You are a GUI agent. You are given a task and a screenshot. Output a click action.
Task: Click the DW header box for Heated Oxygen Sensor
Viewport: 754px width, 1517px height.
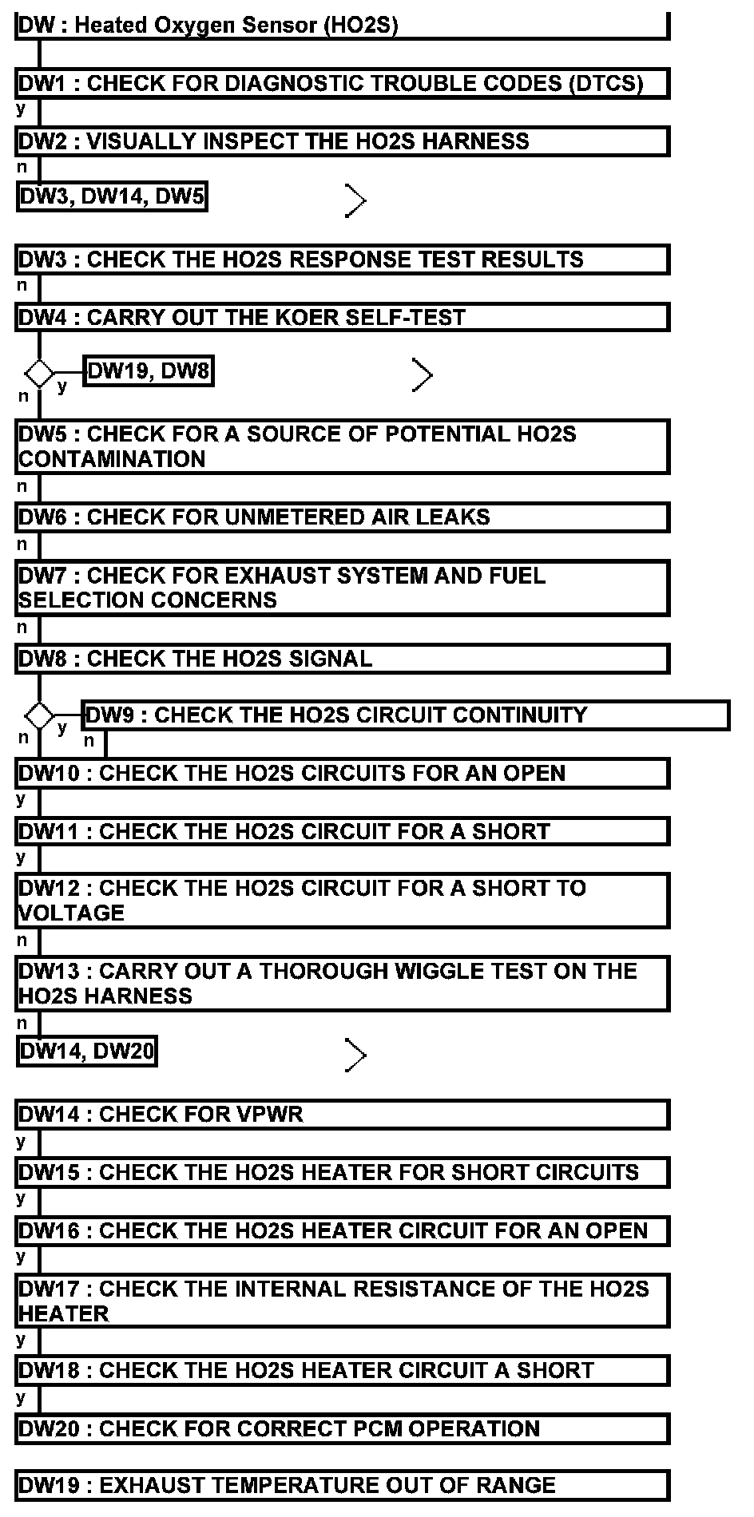(x=342, y=26)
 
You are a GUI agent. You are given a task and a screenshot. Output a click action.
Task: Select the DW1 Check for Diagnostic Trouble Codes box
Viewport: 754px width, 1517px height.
(x=342, y=84)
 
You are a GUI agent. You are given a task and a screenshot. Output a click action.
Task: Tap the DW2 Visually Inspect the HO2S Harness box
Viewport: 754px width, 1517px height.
(x=342, y=142)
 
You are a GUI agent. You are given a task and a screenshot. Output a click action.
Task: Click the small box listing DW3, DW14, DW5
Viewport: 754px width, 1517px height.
(x=112, y=196)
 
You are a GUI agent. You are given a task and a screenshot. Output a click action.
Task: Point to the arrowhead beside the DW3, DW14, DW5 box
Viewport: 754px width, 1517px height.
(x=355, y=200)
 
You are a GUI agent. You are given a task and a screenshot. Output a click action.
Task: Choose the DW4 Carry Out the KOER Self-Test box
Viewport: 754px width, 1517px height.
(x=342, y=318)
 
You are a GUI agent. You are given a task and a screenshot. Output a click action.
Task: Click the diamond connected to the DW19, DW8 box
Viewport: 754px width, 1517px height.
(x=38, y=373)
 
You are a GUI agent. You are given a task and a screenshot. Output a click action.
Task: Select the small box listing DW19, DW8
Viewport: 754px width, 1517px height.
(x=149, y=371)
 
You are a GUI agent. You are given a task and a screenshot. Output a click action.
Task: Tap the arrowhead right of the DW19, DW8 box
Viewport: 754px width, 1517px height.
(x=423, y=374)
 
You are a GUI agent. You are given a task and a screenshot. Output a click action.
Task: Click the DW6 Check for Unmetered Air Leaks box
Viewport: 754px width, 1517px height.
(x=342, y=517)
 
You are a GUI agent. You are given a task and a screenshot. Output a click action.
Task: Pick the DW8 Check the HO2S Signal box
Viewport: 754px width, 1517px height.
(x=342, y=659)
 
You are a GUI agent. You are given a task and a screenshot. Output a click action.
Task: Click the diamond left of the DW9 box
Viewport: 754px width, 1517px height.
(x=38, y=713)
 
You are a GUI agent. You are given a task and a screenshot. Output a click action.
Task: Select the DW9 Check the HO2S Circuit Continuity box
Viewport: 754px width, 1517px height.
(x=406, y=715)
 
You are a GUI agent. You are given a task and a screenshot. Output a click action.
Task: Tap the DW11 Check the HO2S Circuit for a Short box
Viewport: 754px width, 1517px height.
(x=342, y=832)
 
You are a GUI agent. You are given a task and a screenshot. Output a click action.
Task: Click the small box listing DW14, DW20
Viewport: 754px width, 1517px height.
(x=86, y=1052)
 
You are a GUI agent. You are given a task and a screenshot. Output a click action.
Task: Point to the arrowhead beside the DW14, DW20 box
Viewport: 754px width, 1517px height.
(x=355, y=1056)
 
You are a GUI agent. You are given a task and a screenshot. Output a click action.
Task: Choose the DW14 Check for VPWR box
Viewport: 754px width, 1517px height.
(x=342, y=1115)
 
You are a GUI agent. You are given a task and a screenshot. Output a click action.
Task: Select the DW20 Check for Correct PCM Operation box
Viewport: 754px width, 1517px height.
(x=342, y=1429)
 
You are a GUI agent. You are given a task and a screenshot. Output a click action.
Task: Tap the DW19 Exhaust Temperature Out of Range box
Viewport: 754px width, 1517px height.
(x=342, y=1486)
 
